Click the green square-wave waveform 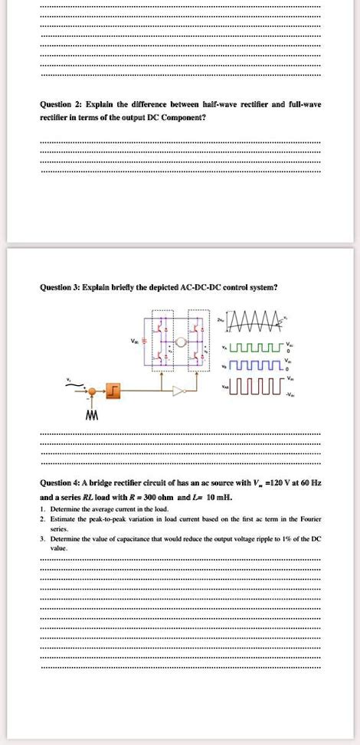[x=253, y=351]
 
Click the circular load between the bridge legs [x=181, y=341]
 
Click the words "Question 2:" [x=58, y=106]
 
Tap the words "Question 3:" [x=58, y=288]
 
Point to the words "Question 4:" [x=58, y=483]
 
